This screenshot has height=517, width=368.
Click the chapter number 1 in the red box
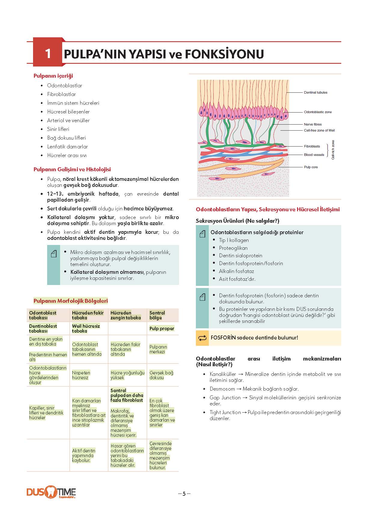tap(48, 54)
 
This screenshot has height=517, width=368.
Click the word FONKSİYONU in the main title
tap(224, 54)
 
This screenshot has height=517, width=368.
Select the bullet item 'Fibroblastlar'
tap(61, 94)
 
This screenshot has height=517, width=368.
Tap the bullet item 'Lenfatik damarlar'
tap(67, 147)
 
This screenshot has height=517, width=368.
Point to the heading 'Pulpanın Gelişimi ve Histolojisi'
tap(72, 169)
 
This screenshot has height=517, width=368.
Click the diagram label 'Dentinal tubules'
tap(315, 92)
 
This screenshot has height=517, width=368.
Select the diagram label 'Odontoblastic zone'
tap(318, 112)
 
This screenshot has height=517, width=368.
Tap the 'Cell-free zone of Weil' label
tap(319, 130)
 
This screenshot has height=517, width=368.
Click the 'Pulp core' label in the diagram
tap(311, 167)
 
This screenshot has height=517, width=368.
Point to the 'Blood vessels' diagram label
tap(314, 155)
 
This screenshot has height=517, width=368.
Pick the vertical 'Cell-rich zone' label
tap(333, 150)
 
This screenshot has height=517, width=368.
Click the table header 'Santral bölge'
tap(157, 315)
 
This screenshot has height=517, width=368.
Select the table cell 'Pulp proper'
tap(162, 328)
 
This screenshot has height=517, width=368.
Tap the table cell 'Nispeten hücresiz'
tap(81, 375)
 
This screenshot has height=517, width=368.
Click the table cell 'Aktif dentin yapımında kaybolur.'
tap(83, 455)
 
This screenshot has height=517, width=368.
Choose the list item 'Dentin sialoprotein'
tap(240, 255)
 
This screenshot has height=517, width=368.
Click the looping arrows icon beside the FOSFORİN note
tap(202, 338)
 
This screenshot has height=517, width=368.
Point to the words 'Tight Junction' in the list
tap(225, 412)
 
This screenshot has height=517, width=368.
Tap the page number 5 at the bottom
tap(184, 494)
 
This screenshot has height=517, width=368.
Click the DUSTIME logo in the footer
tap(51, 493)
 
